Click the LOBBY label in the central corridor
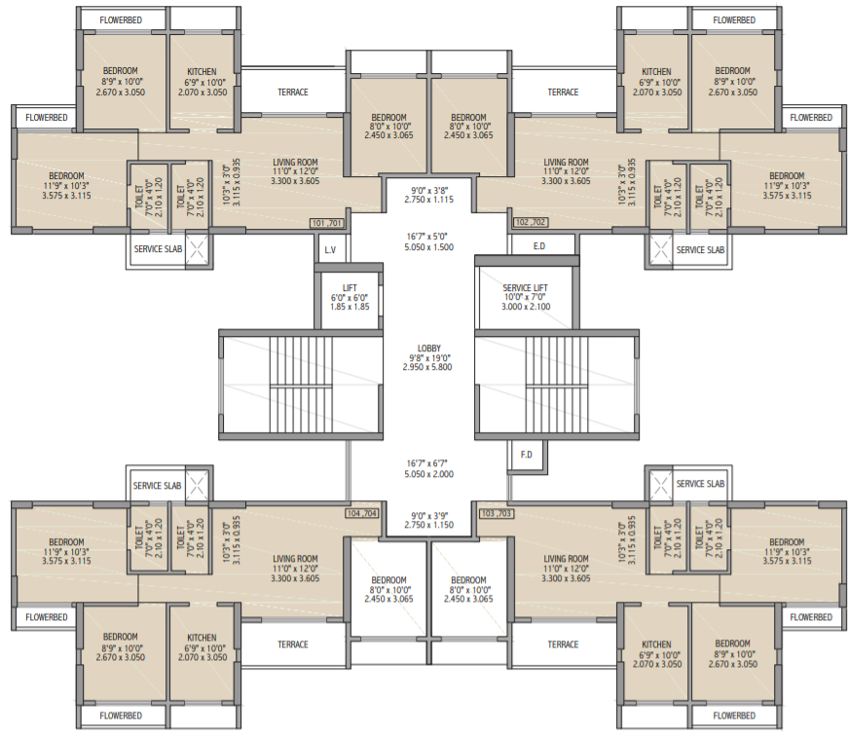tap(428, 349)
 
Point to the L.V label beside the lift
tap(329, 250)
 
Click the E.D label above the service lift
tap(539, 246)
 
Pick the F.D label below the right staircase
tap(526, 454)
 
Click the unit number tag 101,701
tap(328, 222)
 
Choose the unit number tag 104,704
tap(361, 512)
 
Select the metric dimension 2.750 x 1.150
tap(428, 525)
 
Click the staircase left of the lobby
tap(301, 386)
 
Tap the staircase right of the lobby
tap(556, 386)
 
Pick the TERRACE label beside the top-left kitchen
tap(292, 92)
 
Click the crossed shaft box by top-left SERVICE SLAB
tap(197, 250)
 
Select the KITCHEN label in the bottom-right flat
tap(655, 644)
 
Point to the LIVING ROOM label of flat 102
tap(566, 163)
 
